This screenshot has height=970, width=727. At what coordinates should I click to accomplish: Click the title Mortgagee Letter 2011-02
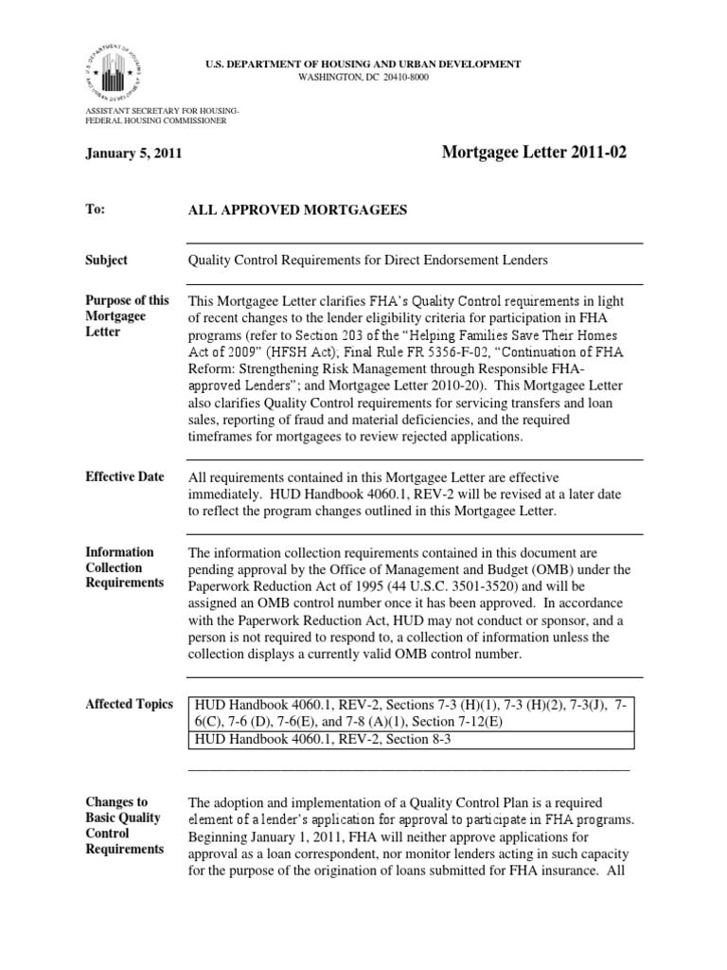point(533,153)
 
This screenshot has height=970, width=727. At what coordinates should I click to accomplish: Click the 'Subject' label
point(107,260)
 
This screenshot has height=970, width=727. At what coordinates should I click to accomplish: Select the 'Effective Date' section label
point(125,476)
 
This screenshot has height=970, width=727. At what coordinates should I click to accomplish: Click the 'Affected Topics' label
point(130,704)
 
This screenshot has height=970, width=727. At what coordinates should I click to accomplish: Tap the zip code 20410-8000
point(399,77)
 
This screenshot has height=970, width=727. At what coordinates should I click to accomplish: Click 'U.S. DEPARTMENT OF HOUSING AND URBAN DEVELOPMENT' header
point(364,63)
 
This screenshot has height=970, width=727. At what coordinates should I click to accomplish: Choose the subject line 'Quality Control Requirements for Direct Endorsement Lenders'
point(369,260)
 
